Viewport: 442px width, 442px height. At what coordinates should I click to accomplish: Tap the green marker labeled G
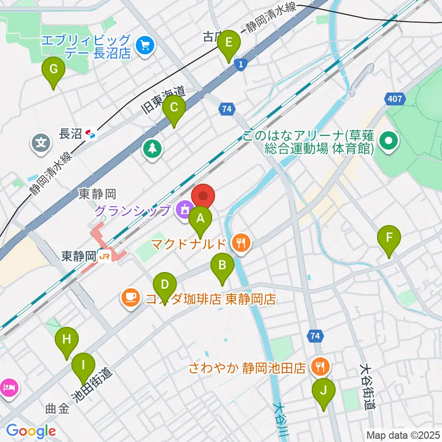tap(53, 70)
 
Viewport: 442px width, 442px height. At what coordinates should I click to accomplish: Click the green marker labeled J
tap(323, 391)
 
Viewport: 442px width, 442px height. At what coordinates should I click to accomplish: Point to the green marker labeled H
tap(67, 340)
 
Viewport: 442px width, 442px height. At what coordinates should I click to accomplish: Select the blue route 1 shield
tap(240, 65)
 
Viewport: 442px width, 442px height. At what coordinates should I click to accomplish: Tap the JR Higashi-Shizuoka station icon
tap(104, 257)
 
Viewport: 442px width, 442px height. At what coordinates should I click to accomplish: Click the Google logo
tap(31, 431)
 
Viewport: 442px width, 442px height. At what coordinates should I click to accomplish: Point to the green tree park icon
tap(151, 148)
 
